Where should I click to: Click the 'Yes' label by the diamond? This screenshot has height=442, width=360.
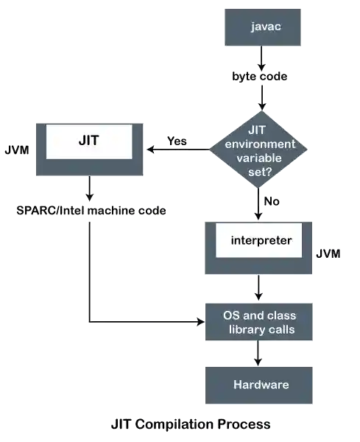pyautogui.click(x=177, y=140)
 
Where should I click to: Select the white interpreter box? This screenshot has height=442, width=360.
pyautogui.click(x=258, y=242)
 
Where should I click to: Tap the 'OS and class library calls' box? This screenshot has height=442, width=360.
pyautogui.click(x=260, y=321)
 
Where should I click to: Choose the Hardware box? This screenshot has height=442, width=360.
pyautogui.click(x=260, y=385)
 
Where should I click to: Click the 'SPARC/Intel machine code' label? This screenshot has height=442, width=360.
pyautogui.click(x=90, y=211)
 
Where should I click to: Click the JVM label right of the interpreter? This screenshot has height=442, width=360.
pyautogui.click(x=329, y=253)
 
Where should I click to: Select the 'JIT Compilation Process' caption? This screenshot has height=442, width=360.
pyautogui.click(x=190, y=424)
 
